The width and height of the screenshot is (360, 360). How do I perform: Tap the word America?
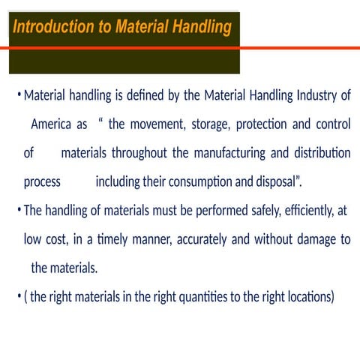click(x=59, y=124)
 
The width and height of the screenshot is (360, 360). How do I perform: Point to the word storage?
click(x=199, y=124)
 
